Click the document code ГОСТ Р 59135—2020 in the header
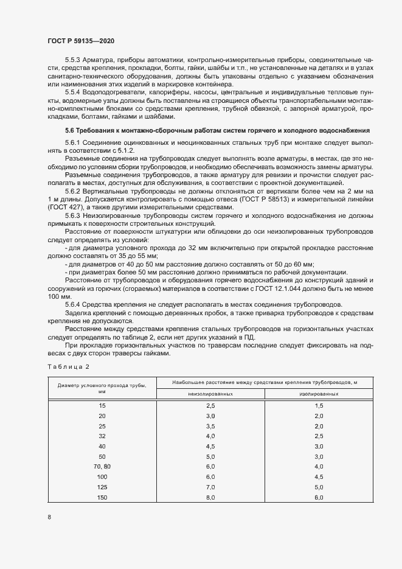click(x=80, y=41)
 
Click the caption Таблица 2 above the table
click(x=68, y=366)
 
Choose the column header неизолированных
click(x=211, y=394)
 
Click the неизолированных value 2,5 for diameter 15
click(x=211, y=405)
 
